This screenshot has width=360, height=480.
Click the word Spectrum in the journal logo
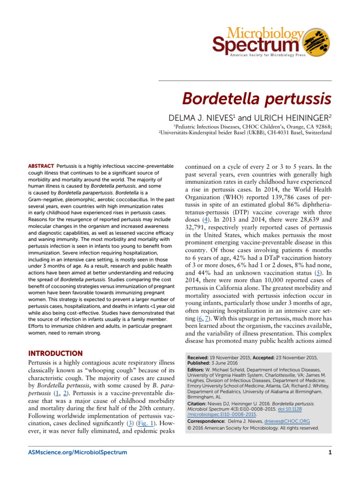[255, 45]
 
